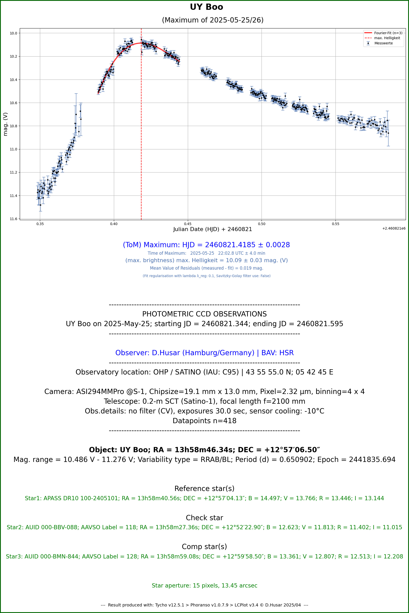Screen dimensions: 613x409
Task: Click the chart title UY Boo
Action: click(x=206, y=7)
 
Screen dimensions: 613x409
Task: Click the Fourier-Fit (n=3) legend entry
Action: click(x=388, y=33)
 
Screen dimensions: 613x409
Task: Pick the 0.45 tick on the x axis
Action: click(x=188, y=224)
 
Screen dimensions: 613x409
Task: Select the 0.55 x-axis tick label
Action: click(x=335, y=224)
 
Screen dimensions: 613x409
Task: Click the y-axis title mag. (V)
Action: click(x=5, y=124)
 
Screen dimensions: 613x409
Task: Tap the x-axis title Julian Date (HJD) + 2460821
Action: click(x=213, y=229)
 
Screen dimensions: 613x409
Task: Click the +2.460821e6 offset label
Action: click(x=394, y=228)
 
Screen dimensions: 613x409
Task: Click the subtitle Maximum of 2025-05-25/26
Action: click(x=213, y=20)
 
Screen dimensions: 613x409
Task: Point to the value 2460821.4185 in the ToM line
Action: click(x=230, y=245)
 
